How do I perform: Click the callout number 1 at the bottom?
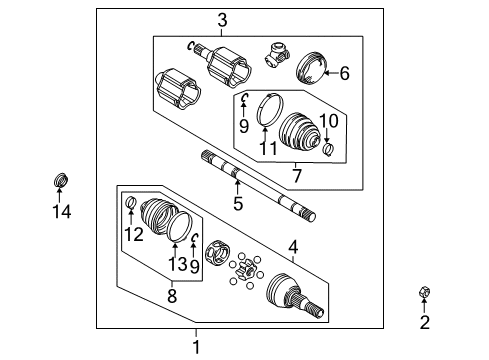[196, 346]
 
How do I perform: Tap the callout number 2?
[424, 321]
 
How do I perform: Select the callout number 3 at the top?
[222, 19]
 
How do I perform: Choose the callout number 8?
[171, 296]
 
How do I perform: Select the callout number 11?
[265, 148]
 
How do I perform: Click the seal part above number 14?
[62, 181]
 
